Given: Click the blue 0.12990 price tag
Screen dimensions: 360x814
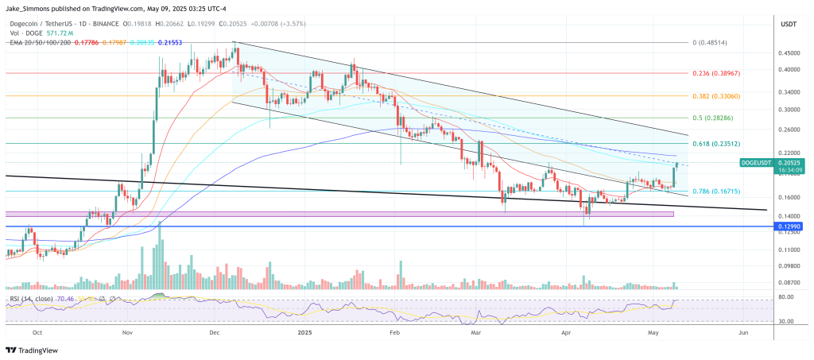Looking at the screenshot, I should pyautogui.click(x=792, y=226).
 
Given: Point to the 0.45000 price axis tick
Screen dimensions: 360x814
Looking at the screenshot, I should pyautogui.click(x=790, y=53).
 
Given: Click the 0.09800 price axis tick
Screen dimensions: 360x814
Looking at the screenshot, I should pyautogui.click(x=790, y=266).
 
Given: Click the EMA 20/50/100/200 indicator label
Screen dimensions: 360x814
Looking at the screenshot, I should pyautogui.click(x=39, y=41).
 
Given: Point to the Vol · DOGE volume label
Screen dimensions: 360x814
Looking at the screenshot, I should pyautogui.click(x=23, y=33).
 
